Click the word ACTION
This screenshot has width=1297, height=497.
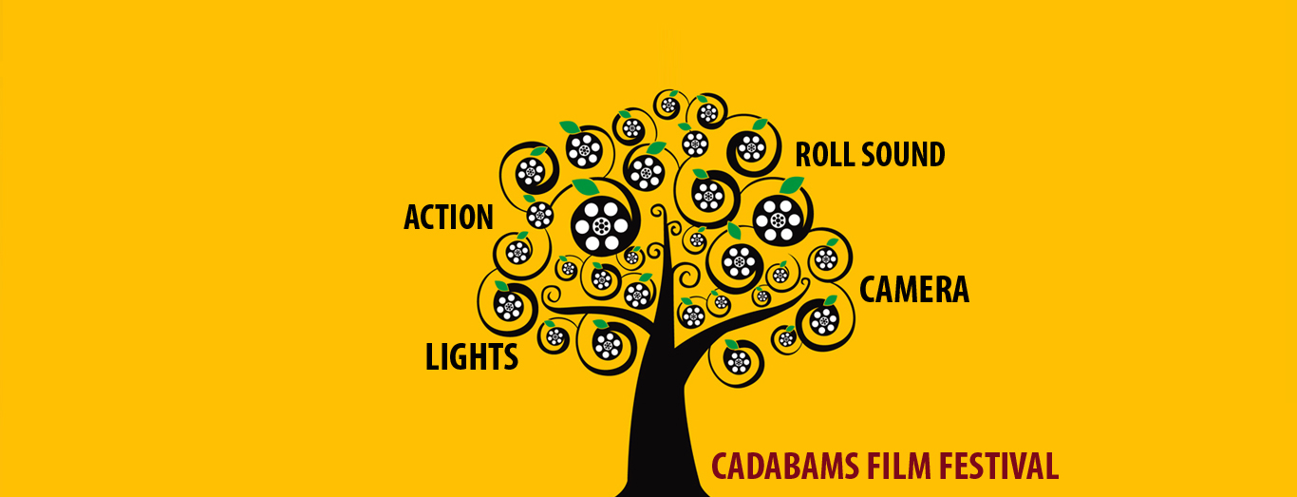448,218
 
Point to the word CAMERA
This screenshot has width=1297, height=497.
914,290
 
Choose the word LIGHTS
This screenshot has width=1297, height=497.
472,357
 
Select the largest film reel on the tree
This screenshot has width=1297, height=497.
601,225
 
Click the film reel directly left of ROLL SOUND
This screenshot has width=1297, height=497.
751,147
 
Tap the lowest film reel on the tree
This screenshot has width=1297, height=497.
738,361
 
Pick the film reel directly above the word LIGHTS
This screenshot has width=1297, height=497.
509,305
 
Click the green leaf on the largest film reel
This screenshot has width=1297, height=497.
587,186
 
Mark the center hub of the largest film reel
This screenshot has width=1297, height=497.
601,226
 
